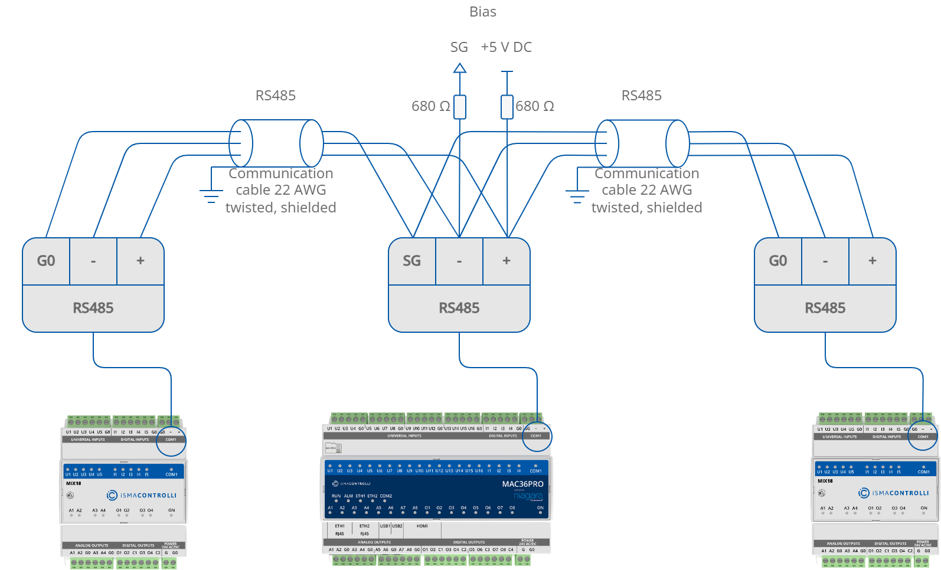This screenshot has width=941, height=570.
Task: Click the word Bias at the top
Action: pos(482,12)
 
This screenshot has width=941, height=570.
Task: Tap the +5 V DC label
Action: pos(506,47)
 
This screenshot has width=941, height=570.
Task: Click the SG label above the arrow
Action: pos(459,47)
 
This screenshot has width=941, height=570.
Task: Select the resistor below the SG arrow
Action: pos(459,107)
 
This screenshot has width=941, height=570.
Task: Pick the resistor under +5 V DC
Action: pos(507,107)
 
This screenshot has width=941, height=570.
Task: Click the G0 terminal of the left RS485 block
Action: pos(46,261)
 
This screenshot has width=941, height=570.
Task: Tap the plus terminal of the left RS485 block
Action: pos(141,261)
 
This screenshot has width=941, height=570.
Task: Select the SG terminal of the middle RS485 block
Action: pos(412,261)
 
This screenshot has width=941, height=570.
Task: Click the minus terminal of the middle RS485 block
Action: pos(459,261)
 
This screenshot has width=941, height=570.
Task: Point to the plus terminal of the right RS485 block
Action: pos(873,261)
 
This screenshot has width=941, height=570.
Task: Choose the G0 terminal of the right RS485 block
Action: pos(778,261)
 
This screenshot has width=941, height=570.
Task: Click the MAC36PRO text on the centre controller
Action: pos(522,484)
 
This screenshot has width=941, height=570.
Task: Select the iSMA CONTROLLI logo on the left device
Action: pos(142,495)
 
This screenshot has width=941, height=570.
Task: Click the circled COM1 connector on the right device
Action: pos(923,435)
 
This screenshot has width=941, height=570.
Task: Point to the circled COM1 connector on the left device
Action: pos(171,440)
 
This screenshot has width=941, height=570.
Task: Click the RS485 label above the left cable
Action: pos(276,96)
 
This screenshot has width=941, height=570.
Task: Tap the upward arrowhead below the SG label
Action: pos(459,68)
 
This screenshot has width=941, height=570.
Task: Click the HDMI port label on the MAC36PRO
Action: pos(422,526)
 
